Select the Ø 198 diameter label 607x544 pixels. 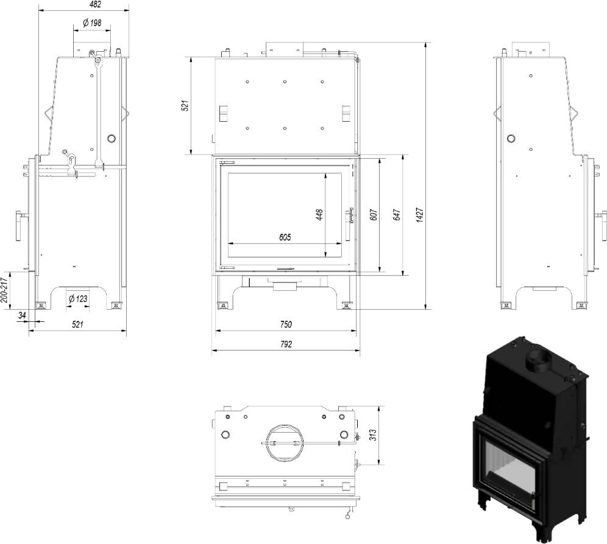click(x=91, y=24)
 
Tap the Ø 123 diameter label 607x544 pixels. click(x=78, y=299)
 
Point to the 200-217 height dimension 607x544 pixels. click(x=4, y=290)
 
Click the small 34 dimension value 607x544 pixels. click(x=23, y=315)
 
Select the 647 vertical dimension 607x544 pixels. click(x=396, y=214)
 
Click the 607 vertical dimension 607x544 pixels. click(x=373, y=214)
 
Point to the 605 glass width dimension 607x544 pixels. click(x=285, y=237)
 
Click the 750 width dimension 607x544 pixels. click(x=286, y=324)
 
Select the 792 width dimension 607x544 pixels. click(x=286, y=344)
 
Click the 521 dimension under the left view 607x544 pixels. click(x=77, y=324)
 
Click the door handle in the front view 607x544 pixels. click(x=349, y=222)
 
